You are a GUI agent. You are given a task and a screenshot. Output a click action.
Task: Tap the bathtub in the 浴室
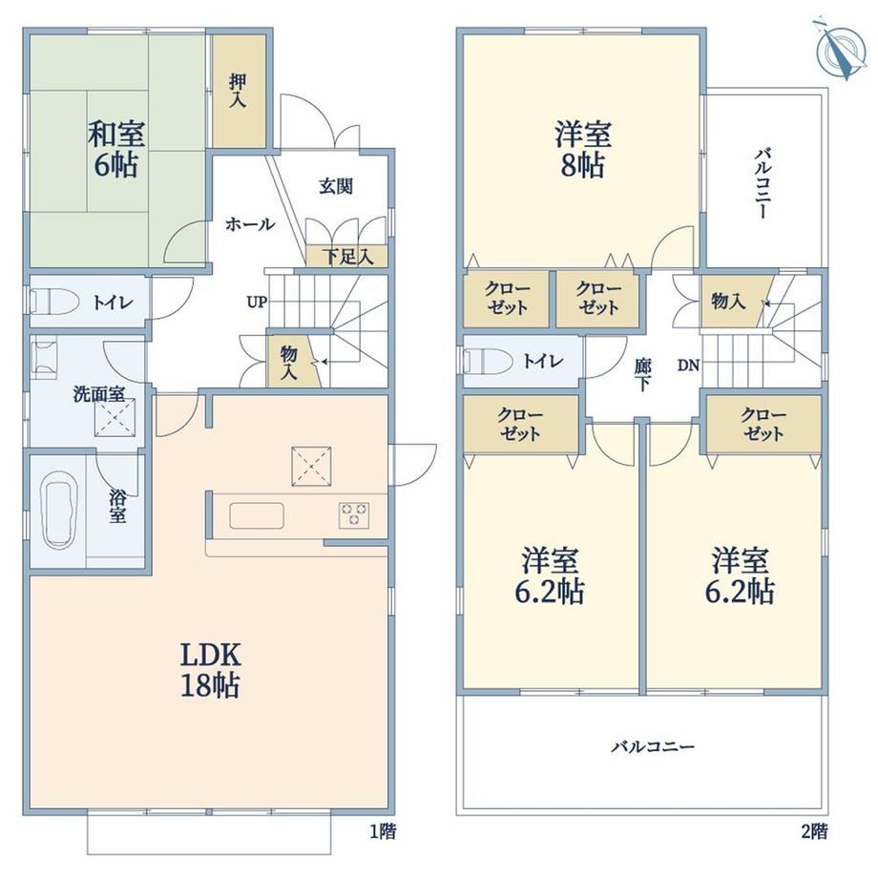point(59,509)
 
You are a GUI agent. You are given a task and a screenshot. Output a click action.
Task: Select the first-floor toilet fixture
point(53,302)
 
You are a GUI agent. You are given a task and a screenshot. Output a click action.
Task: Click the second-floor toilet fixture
point(487,361)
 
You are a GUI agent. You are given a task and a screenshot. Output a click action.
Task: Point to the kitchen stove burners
point(354,515)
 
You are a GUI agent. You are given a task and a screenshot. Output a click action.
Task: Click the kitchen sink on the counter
point(257,515)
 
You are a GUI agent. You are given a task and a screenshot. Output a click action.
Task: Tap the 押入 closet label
point(238,91)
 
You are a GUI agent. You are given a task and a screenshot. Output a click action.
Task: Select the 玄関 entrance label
point(336,186)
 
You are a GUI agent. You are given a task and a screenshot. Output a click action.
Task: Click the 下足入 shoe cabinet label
point(347,257)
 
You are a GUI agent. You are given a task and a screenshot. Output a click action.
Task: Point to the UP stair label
point(257,303)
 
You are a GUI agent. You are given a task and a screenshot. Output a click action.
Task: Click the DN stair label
point(689,366)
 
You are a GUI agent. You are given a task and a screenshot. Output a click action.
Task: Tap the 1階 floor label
point(383,831)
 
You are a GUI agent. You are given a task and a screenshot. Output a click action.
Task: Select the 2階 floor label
point(814,831)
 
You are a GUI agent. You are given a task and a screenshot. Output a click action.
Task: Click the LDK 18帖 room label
point(211,670)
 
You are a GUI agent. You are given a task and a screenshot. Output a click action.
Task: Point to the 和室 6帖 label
point(115,149)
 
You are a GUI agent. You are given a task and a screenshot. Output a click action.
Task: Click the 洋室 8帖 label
point(583,150)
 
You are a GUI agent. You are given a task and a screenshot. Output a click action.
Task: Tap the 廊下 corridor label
point(642,375)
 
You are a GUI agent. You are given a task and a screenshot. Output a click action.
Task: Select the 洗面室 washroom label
point(99,394)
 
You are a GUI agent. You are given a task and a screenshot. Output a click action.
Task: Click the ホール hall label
point(250,224)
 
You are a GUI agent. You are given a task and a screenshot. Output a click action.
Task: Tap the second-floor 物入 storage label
point(728,302)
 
